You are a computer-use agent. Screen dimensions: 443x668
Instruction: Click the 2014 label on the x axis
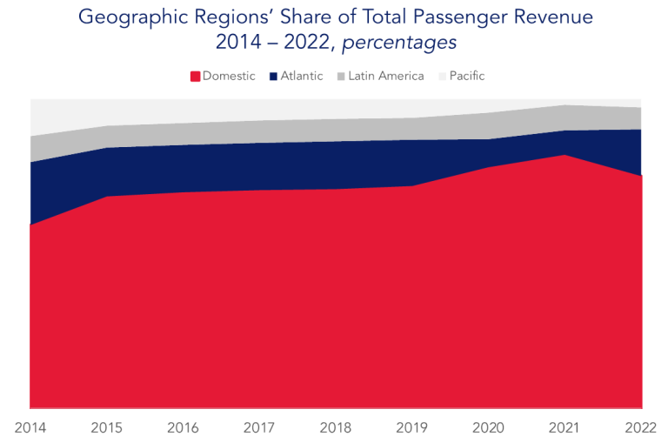pyautogui.click(x=30, y=427)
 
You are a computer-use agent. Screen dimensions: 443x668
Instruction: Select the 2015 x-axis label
pyautogui.click(x=107, y=427)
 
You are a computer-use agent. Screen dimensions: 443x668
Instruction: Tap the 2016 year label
pyautogui.click(x=184, y=427)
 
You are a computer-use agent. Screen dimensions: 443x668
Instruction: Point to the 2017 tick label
pyautogui.click(x=260, y=427)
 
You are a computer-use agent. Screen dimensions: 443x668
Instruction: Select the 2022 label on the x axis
pyautogui.click(x=639, y=427)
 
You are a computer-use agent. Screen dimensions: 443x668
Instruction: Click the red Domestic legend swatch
pyautogui.click(x=195, y=77)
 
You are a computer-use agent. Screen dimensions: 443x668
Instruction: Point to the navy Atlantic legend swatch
pyautogui.click(x=273, y=77)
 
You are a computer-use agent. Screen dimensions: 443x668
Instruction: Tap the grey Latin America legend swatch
pyautogui.click(x=340, y=77)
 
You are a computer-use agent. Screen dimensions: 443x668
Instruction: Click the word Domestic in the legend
pyautogui.click(x=229, y=76)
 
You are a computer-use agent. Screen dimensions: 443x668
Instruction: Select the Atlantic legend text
pyautogui.click(x=302, y=76)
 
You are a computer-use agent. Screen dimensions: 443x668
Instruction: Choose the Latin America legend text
pyautogui.click(x=386, y=76)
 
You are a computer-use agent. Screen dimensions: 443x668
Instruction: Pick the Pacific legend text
pyautogui.click(x=467, y=76)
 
